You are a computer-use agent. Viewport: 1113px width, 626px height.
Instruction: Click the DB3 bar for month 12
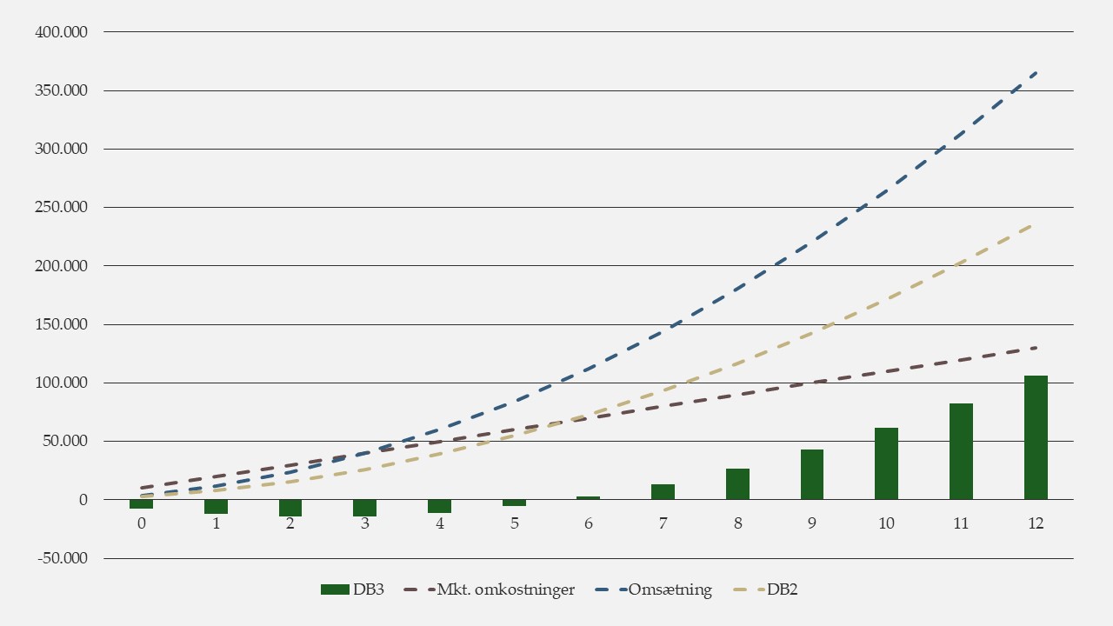(x=1036, y=437)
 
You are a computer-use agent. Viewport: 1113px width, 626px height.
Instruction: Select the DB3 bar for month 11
(x=961, y=451)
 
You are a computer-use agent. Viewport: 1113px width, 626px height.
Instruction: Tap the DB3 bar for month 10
(x=886, y=463)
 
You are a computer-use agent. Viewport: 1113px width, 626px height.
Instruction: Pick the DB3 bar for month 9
(x=812, y=474)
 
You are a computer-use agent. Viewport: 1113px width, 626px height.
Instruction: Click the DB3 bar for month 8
(x=737, y=484)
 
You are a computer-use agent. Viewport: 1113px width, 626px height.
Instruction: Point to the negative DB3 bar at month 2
(x=290, y=508)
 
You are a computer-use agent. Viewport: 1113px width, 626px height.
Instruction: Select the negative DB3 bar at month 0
(x=141, y=504)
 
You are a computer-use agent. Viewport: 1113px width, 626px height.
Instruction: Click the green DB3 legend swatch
(x=335, y=589)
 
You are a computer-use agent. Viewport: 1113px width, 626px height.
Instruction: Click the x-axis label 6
(x=589, y=524)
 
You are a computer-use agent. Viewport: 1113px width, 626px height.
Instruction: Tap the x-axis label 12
(x=1036, y=524)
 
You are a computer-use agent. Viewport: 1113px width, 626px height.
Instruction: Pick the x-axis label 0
(x=141, y=524)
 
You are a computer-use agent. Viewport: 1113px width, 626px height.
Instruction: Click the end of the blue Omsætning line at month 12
(x=1036, y=73)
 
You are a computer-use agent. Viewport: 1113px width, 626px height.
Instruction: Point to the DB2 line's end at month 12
(x=1036, y=223)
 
